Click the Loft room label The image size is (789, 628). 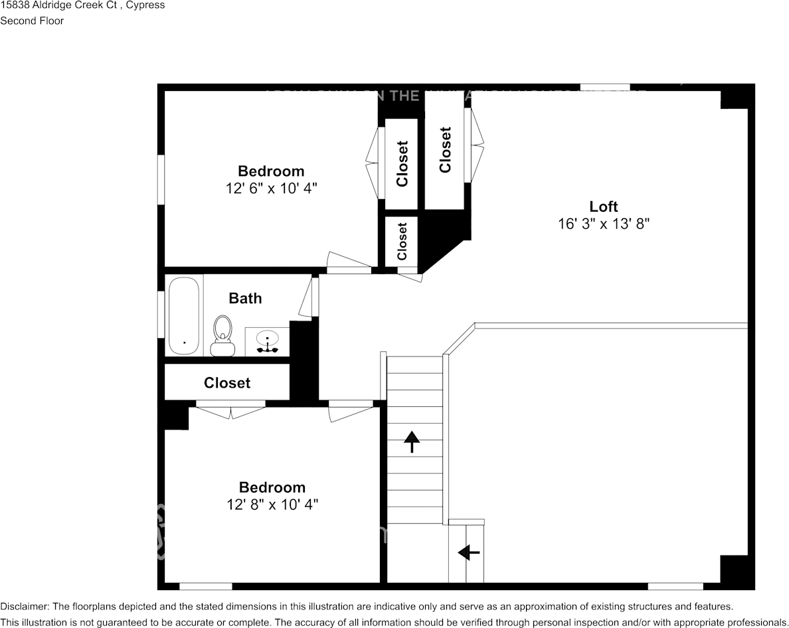pos(603,206)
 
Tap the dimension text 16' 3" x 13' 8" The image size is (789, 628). pos(603,224)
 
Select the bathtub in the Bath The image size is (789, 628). pos(183,315)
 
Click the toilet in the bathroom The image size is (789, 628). pos(223,336)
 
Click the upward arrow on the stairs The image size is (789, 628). pos(412,441)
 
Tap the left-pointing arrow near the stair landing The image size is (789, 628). pos(469,552)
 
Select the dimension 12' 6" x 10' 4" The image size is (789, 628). pos(271,189)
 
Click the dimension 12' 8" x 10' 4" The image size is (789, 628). pos(272,505)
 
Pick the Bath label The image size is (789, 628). pos(245,299)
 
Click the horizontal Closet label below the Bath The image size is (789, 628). pos(227,383)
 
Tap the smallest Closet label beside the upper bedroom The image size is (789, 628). pos(402,241)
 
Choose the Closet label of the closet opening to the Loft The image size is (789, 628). pos(445,150)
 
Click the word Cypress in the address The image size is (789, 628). pos(147,5)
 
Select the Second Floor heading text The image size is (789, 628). pos(32,21)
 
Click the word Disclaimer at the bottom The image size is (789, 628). pos(23,607)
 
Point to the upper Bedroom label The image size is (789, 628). pos(271,171)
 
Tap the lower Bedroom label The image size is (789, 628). pos(272,487)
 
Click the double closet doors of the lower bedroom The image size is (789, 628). pos(230,411)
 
